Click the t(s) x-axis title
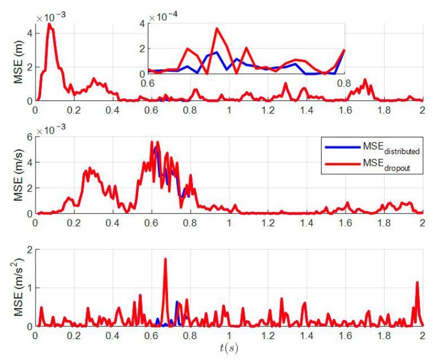pyautogui.click(x=229, y=347)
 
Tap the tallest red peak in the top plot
pyautogui.click(x=50, y=24)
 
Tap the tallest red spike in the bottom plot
pyautogui.click(x=165, y=259)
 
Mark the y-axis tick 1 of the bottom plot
pyautogui.click(x=29, y=288)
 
